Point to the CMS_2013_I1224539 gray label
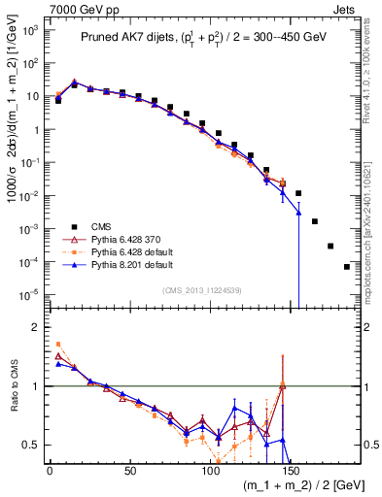coord(202,288)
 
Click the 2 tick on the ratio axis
coord(36,327)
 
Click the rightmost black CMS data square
coord(347,267)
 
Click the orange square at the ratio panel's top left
coord(58,345)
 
